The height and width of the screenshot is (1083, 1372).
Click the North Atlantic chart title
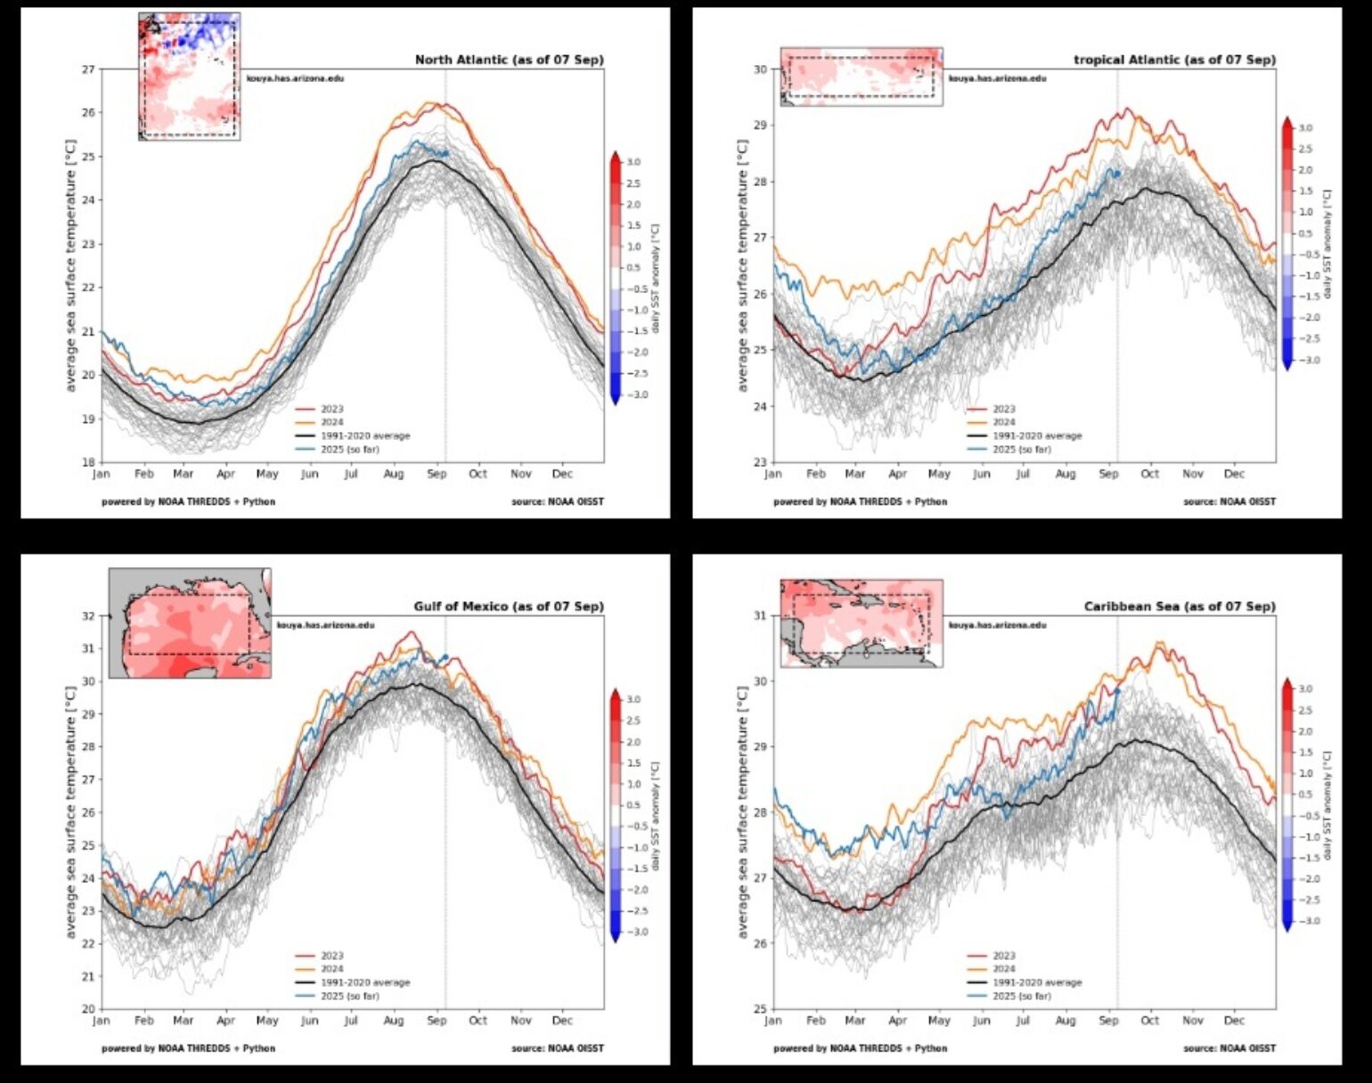[x=509, y=60]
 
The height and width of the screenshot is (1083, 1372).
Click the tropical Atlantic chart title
[x=1174, y=60]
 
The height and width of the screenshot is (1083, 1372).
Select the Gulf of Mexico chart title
[x=508, y=607]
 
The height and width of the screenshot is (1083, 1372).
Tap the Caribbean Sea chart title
[x=1180, y=607]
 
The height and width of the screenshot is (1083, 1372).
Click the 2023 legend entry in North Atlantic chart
[x=331, y=410]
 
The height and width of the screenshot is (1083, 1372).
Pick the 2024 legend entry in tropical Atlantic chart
[x=1003, y=422]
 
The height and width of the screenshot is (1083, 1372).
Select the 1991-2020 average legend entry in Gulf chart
[x=365, y=982]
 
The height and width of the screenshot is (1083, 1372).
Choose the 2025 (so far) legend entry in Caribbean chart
[x=1021, y=996]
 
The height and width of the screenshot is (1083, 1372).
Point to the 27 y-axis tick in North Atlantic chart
[x=88, y=69]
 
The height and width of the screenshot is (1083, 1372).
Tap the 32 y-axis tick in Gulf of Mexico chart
[x=88, y=616]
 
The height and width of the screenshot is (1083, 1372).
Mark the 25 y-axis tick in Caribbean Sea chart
[x=760, y=1009]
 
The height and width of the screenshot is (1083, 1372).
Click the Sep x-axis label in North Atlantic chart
[x=437, y=475]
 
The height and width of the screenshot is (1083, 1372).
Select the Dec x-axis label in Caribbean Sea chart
[x=1234, y=1021]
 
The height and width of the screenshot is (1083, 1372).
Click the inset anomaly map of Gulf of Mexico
[x=190, y=623]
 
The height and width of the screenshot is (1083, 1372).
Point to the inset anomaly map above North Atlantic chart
[x=189, y=77]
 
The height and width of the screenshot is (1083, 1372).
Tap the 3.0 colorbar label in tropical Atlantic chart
[x=1305, y=128]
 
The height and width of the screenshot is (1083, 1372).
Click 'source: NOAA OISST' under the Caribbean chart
[x=1229, y=1048]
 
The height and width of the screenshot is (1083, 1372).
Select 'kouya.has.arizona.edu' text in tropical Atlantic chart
[x=997, y=78]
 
